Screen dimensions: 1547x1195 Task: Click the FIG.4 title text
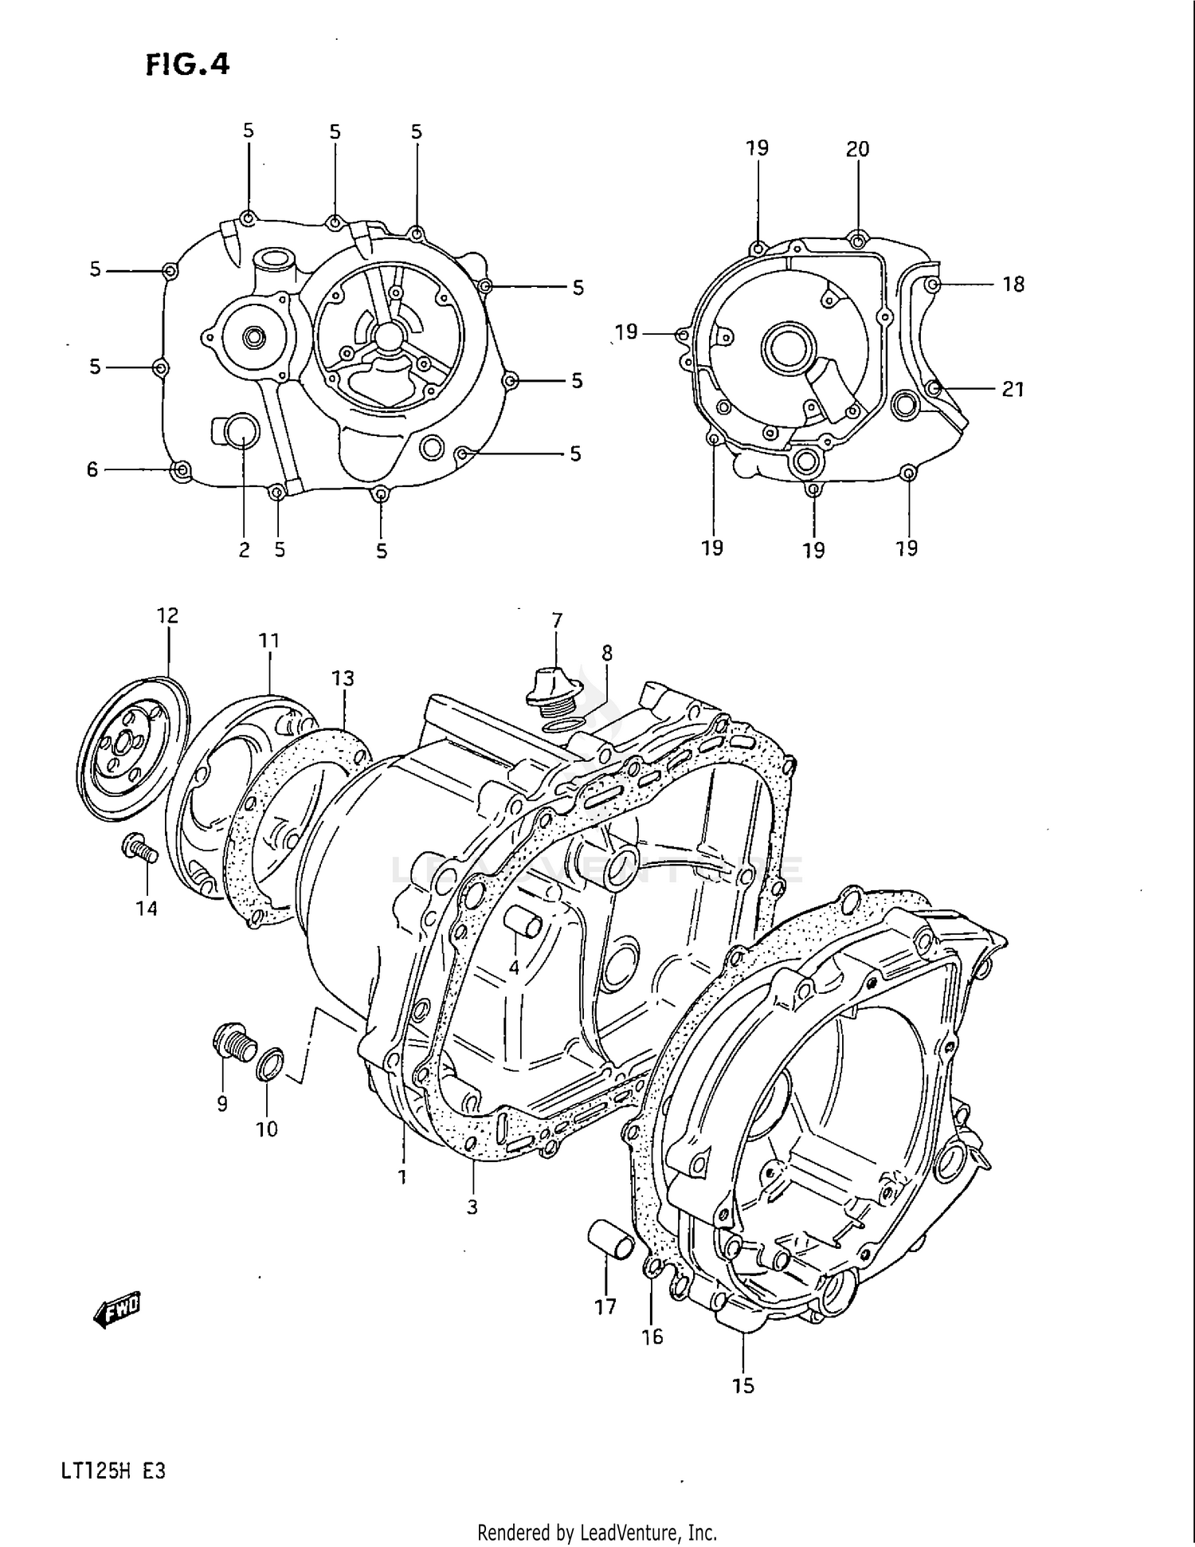pyautogui.click(x=188, y=63)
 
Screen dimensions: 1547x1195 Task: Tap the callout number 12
pyautogui.click(x=167, y=615)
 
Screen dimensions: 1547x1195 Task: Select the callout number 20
pyautogui.click(x=857, y=149)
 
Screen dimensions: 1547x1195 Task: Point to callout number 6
pyautogui.click(x=92, y=470)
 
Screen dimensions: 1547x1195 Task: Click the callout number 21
pyautogui.click(x=1012, y=389)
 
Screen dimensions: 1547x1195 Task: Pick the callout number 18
pyautogui.click(x=1013, y=285)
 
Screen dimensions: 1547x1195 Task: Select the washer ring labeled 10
pyautogui.click(x=270, y=1065)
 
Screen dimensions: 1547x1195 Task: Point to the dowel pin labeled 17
pyautogui.click(x=610, y=1241)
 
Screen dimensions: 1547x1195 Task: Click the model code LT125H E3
pyautogui.click(x=112, y=1471)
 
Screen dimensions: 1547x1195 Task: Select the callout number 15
pyautogui.click(x=742, y=1386)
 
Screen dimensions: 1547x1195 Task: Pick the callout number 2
pyautogui.click(x=244, y=550)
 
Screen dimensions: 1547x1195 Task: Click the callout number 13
pyautogui.click(x=343, y=678)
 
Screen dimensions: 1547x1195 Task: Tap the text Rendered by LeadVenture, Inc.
pyautogui.click(x=597, y=1532)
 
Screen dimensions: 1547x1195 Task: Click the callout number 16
pyautogui.click(x=652, y=1337)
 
